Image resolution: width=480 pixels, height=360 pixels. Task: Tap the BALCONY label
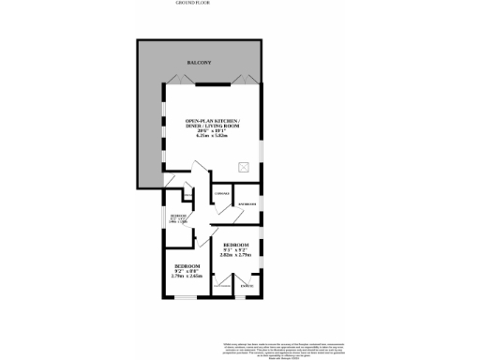pyautogui.click(x=198, y=62)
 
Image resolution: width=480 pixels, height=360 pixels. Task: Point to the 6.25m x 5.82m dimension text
pyautogui.click(x=213, y=136)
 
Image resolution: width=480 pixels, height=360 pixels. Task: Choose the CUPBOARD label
pyautogui.click(x=222, y=194)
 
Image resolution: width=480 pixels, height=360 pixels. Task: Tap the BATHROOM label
pyautogui.click(x=247, y=203)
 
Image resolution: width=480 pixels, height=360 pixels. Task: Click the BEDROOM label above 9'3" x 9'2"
pyautogui.click(x=236, y=242)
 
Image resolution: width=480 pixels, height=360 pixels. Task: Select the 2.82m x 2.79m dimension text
pyautogui.click(x=236, y=253)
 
